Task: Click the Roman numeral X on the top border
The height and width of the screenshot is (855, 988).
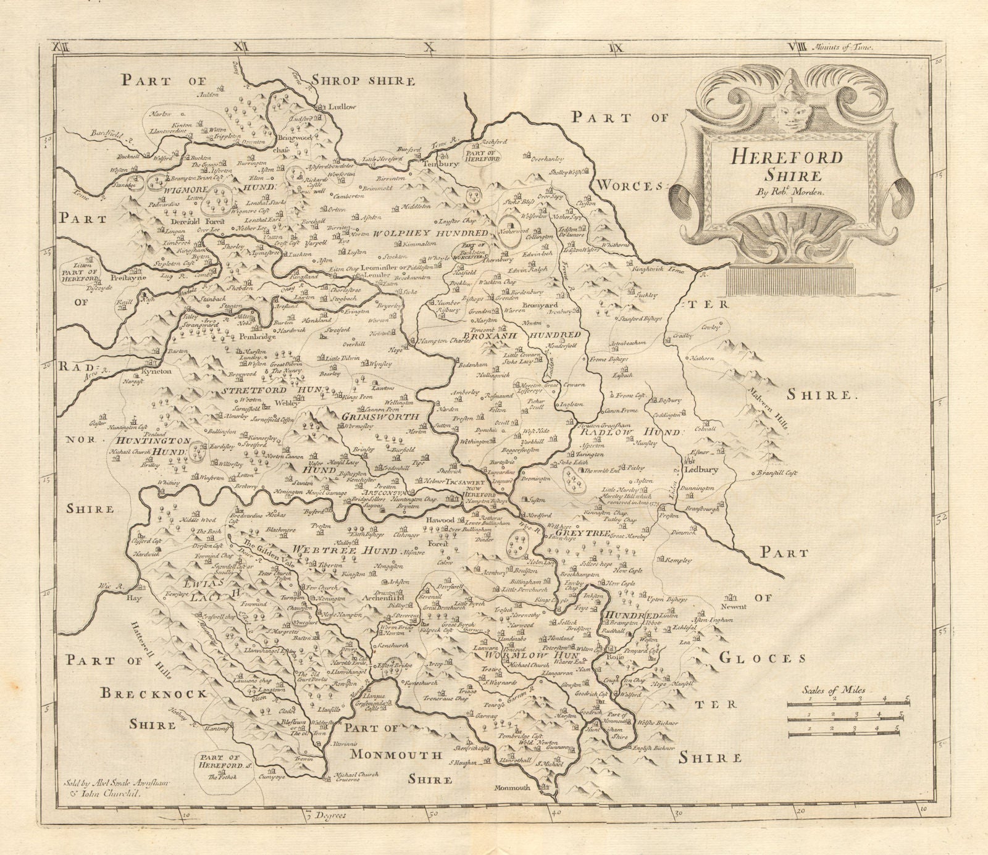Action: pyautogui.click(x=429, y=46)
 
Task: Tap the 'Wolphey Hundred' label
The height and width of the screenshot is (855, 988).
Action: pyautogui.click(x=430, y=233)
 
